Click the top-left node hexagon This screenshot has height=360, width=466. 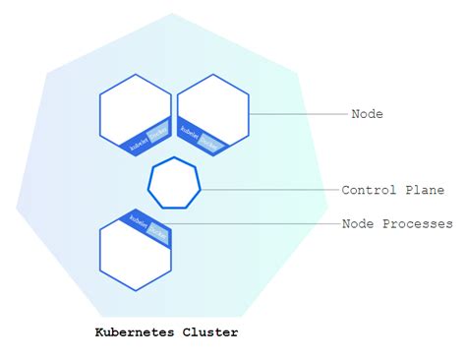coord(136,111)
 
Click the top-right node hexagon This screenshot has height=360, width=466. coord(212,111)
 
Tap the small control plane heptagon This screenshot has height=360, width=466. coord(174,183)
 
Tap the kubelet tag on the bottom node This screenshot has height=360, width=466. coord(137,220)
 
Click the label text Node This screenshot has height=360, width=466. coord(367,114)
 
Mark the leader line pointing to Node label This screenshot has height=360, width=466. coord(300,114)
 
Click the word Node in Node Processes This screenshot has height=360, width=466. coord(358,224)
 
